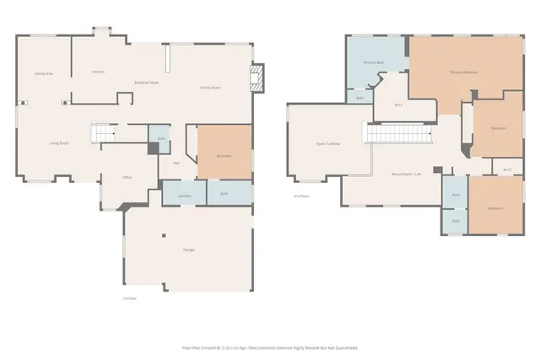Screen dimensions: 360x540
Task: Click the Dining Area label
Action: tap(45, 73)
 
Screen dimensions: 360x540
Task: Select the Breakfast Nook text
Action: tap(148, 82)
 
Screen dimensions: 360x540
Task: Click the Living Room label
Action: tap(58, 144)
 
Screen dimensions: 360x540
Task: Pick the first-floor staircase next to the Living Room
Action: tap(102, 133)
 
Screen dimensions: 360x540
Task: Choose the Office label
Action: tap(127, 177)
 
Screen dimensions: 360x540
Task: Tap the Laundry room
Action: tap(184, 196)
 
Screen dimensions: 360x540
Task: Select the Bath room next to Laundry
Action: tap(224, 194)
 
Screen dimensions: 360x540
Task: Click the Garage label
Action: tap(189, 250)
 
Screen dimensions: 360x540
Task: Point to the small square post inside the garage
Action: tap(164, 235)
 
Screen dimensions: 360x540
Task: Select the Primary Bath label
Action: tap(375, 63)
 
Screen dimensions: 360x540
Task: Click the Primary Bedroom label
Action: tap(463, 73)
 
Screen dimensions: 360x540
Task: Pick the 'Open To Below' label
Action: tap(327, 144)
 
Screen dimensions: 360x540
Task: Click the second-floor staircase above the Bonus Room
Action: tap(398, 132)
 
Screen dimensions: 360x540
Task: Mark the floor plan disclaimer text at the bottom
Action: tap(270, 347)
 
